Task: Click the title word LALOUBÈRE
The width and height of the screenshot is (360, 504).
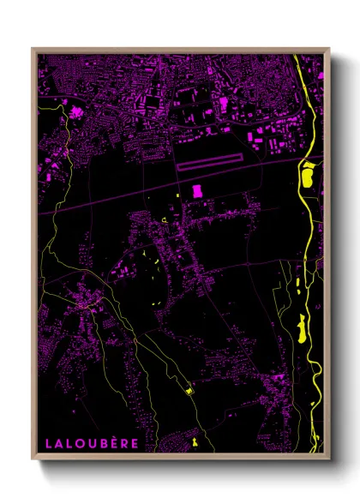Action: tap(90, 444)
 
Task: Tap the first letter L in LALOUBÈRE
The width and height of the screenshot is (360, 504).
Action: tap(48, 444)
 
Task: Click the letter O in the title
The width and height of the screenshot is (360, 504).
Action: tap(78, 444)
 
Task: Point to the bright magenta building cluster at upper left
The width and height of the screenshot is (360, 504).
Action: tap(75, 111)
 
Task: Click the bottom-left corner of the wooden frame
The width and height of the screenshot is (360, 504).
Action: tap(33, 459)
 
